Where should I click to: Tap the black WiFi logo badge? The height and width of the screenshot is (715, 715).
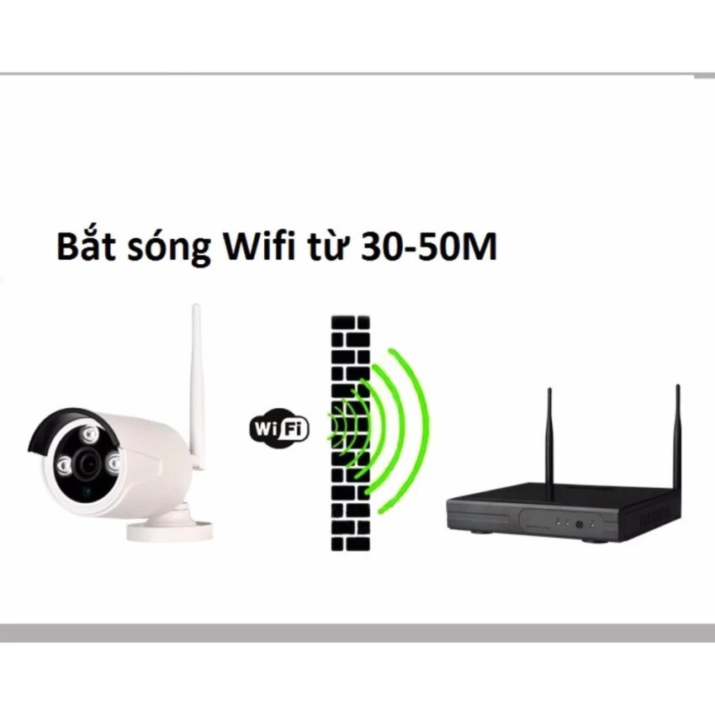coord(279,427)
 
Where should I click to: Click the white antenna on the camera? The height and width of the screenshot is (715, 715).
coord(199,370)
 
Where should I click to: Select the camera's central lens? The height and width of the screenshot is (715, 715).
coord(87,460)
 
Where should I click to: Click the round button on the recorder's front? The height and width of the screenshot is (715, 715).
coord(579,525)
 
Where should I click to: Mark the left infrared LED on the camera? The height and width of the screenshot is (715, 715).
coord(61,467)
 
